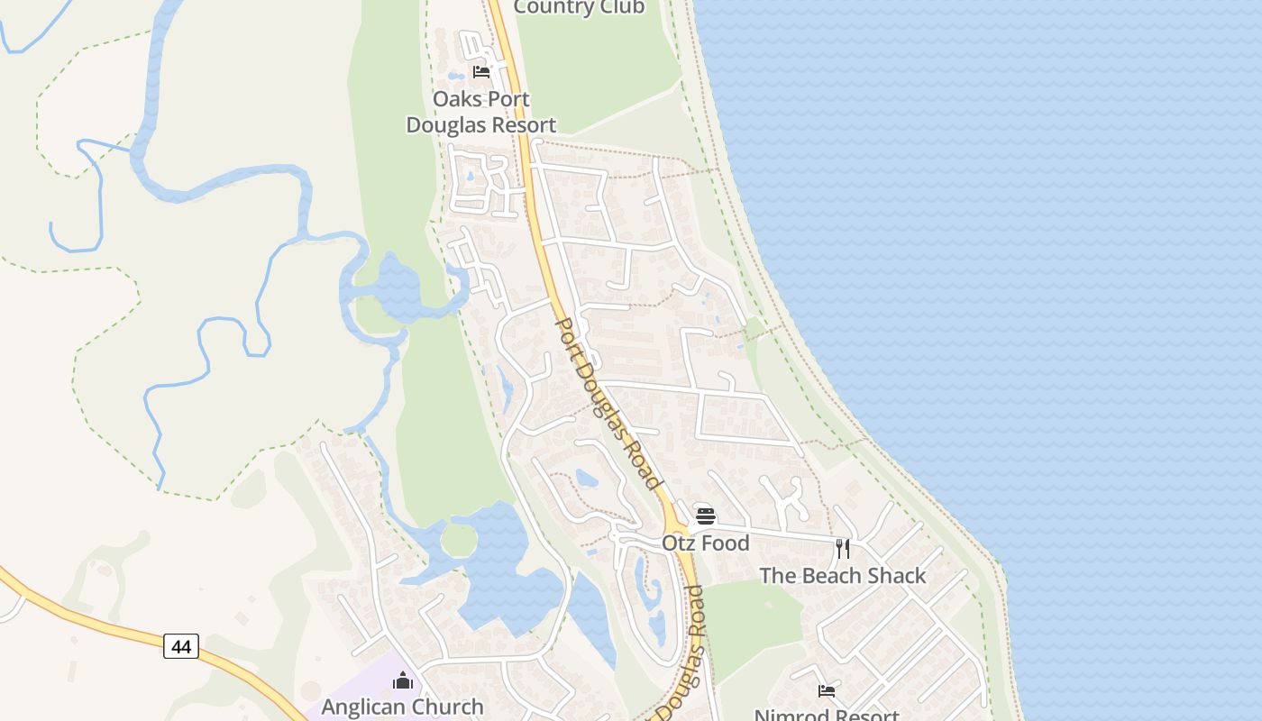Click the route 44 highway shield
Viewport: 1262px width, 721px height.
point(181,646)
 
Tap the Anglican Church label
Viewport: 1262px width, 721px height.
point(402,707)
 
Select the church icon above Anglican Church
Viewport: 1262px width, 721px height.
point(402,680)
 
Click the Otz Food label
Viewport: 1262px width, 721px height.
point(706,543)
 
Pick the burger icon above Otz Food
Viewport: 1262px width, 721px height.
point(706,516)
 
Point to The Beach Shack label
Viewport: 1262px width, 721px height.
point(843,575)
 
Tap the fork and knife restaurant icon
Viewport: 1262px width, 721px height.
point(843,548)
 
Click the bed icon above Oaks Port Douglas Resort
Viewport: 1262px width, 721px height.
point(481,71)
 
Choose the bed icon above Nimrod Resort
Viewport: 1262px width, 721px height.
point(827,691)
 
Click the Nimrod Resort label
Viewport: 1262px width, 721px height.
point(827,715)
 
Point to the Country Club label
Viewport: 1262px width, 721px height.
point(579,7)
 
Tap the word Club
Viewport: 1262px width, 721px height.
point(621,7)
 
